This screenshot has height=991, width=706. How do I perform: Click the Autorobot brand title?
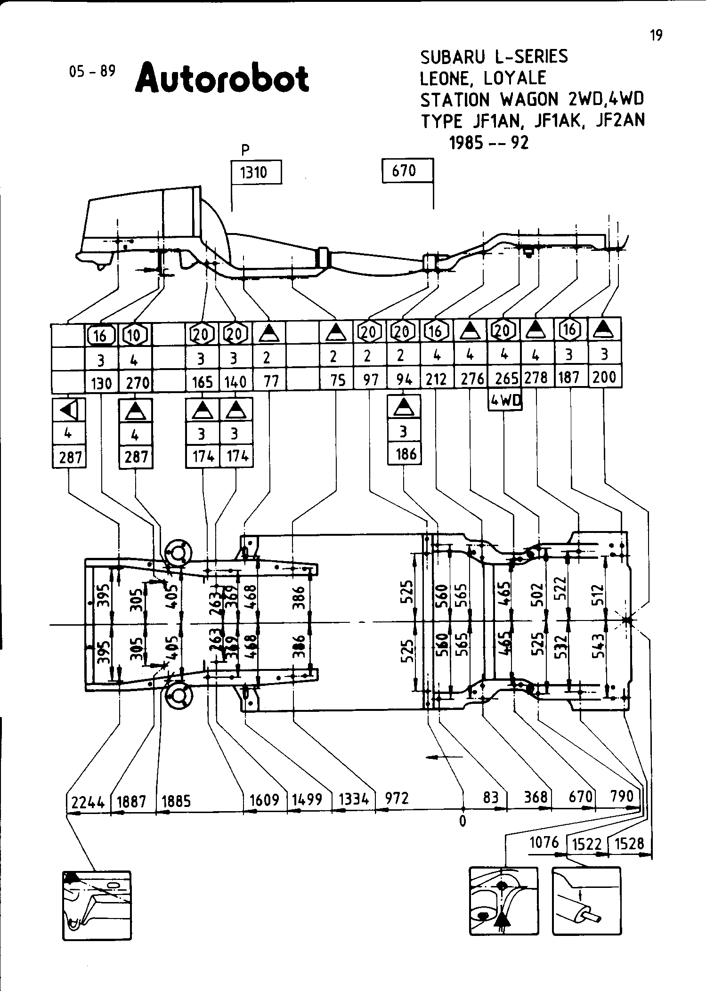coord(222,78)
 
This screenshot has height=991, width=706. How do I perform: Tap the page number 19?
coord(656,35)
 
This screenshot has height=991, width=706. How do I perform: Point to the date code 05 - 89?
coord(92,71)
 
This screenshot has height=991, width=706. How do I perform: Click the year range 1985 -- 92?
coord(489,143)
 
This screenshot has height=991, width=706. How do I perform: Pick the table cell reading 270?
coord(138,383)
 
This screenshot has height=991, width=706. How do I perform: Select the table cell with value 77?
coord(270,380)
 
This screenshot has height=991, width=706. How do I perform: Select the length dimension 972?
coord(397,798)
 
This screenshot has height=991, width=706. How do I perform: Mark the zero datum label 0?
coord(463,822)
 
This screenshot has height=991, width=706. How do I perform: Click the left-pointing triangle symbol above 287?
coord(69,410)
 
